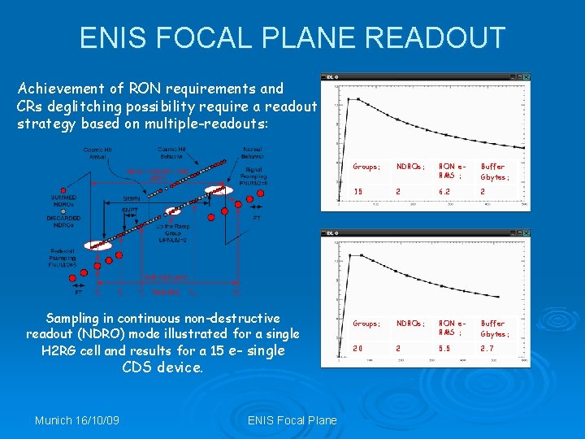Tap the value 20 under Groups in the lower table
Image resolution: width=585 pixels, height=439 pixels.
(357, 348)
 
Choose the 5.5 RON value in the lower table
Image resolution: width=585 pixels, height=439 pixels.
(444, 348)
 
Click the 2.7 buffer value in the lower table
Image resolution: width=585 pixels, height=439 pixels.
(487, 348)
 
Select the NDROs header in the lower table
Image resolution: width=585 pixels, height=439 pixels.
(409, 324)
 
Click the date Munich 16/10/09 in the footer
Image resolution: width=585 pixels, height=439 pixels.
(76, 420)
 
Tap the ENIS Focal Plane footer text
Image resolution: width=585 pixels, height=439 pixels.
(292, 420)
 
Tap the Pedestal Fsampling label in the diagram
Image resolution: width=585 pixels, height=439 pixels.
(63, 258)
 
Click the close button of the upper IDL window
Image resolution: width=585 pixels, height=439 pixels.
(526, 77)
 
